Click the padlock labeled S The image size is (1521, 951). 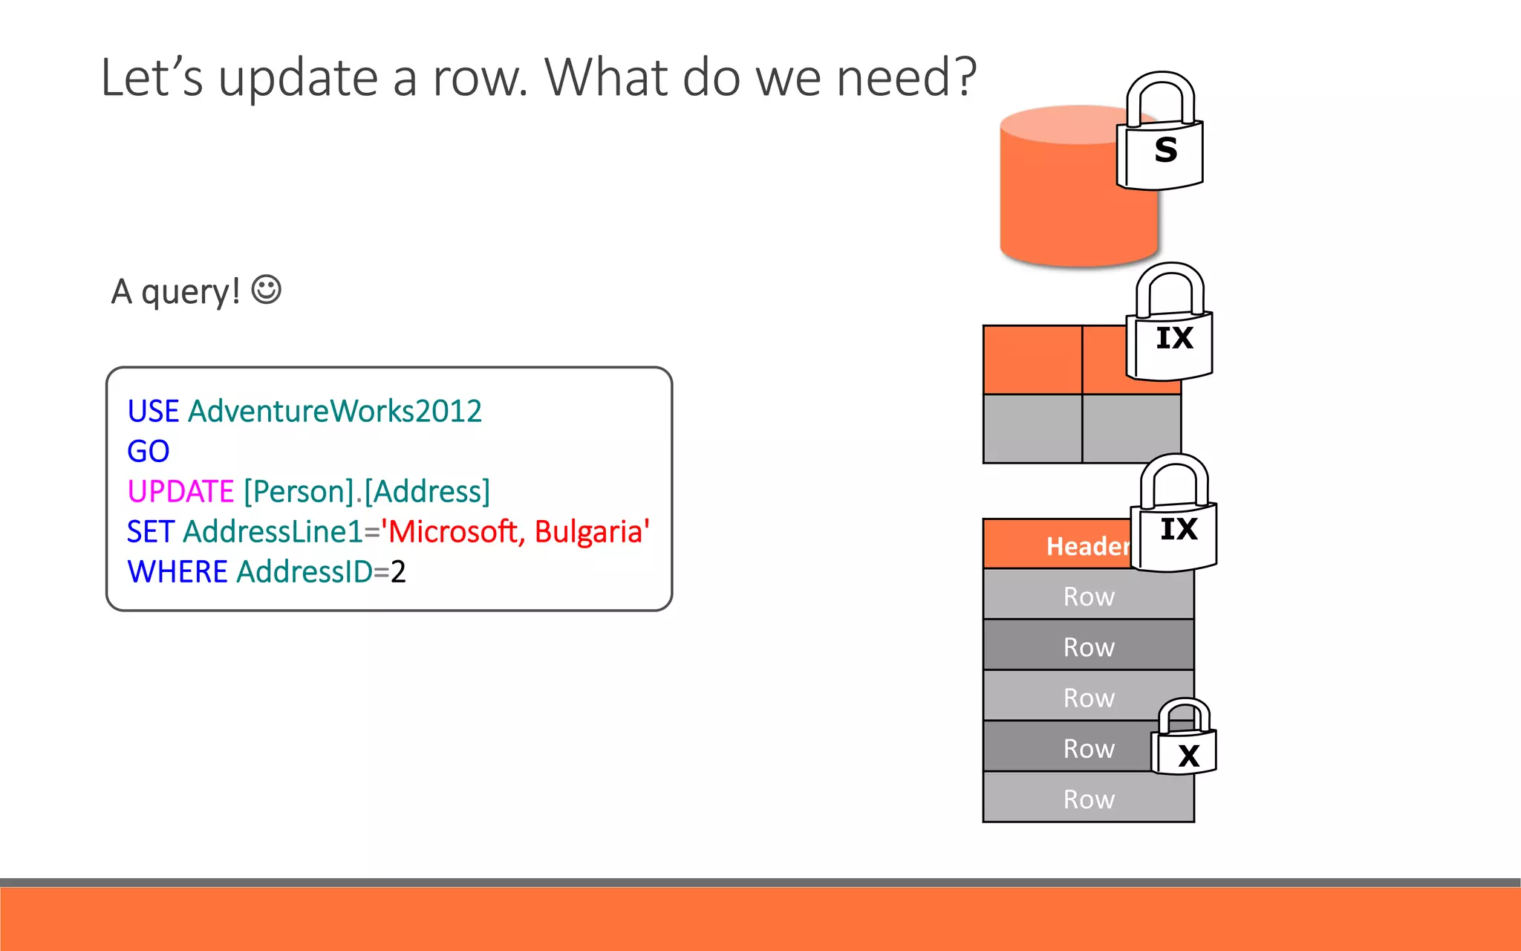[x=1160, y=134]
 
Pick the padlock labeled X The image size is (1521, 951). [x=1185, y=739]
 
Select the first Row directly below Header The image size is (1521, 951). [x=1088, y=596]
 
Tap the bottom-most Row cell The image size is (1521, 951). [x=1088, y=799]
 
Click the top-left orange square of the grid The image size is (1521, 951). [x=1032, y=360]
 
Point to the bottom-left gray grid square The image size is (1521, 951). [x=1032, y=429]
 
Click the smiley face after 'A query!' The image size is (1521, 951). [x=266, y=290]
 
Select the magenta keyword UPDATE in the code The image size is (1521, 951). [x=180, y=492]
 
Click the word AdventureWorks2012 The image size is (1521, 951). [x=335, y=411]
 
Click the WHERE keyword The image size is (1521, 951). [x=177, y=572]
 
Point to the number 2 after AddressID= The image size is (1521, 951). [x=399, y=572]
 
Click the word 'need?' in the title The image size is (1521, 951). [x=906, y=77]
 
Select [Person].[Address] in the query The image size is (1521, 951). [x=367, y=492]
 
